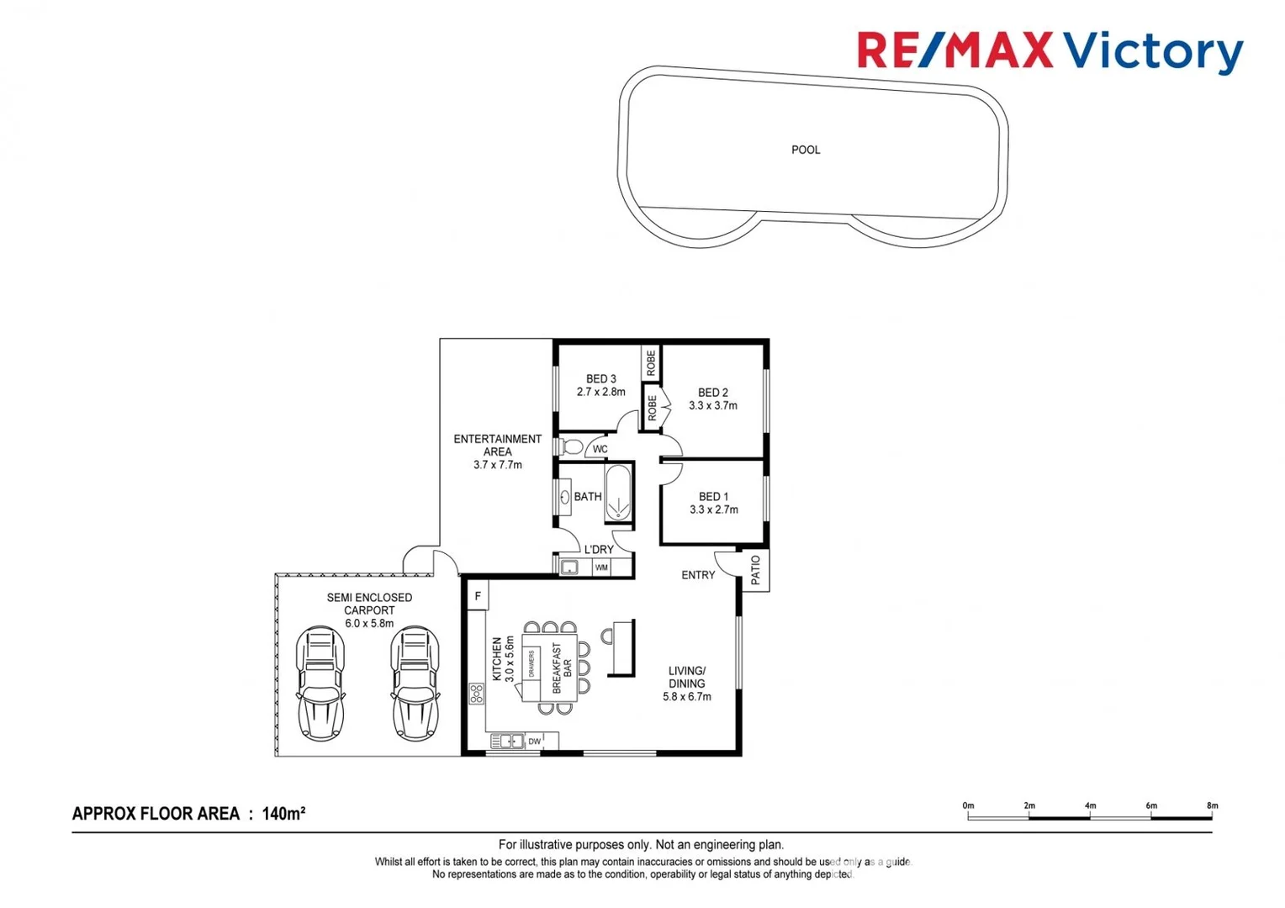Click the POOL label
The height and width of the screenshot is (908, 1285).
coord(805,150)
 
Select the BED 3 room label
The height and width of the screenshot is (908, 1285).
coord(600,379)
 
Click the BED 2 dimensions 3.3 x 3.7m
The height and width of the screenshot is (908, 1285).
coord(712,406)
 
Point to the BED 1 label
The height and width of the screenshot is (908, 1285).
coord(713,497)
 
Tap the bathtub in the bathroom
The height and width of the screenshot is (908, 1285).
coord(618,494)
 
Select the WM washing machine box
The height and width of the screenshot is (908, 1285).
coord(601,567)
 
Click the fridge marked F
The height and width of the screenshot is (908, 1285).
coord(477,596)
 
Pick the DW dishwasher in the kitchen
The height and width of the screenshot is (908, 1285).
coord(534,742)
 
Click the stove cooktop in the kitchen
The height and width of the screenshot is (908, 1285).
coord(477,694)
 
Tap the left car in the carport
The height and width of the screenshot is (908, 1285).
coord(320,683)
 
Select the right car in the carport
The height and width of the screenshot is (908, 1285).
coord(415,683)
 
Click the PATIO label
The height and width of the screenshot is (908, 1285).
coord(755,570)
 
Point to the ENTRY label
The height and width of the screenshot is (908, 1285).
coord(698,575)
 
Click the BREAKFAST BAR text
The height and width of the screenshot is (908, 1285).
coord(562,668)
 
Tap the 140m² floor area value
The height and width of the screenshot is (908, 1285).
coord(283,814)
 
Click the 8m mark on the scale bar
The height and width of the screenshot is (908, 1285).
coord(1212,806)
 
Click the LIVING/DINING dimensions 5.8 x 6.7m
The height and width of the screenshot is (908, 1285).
coord(686,697)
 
